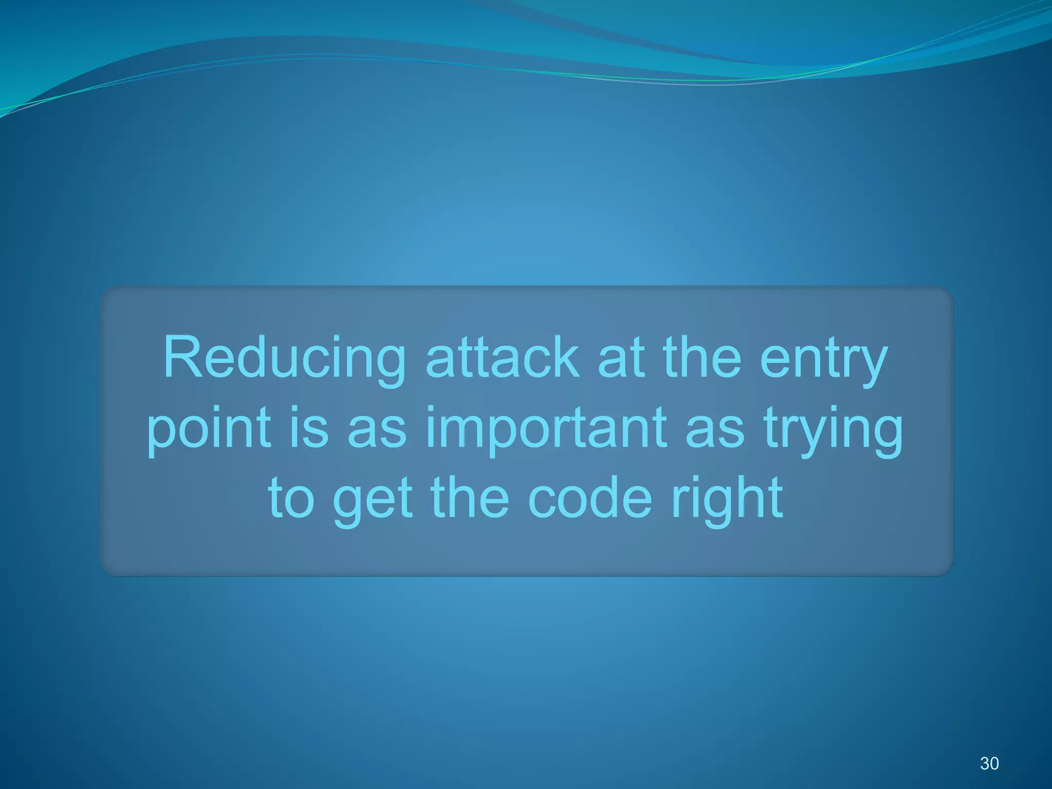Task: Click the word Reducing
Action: point(284,359)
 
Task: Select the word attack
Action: point(502,358)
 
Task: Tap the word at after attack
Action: point(621,358)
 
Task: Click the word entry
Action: point(823,359)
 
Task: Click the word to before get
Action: point(291,497)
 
